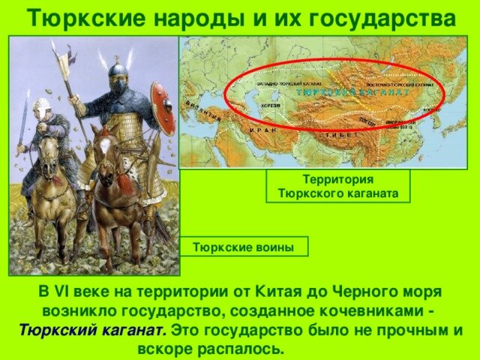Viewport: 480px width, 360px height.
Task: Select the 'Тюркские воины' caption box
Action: (244, 247)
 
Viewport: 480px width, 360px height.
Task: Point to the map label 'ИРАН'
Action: (262, 130)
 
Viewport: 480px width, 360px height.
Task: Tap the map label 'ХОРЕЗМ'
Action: (271, 106)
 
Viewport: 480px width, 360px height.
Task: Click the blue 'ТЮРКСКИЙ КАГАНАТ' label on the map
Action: (352, 92)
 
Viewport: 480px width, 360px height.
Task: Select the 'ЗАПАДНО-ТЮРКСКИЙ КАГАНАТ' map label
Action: (286, 84)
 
